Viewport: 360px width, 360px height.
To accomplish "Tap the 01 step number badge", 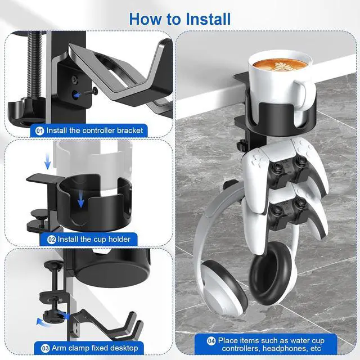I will point(39,130).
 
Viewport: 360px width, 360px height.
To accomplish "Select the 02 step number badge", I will point(52,239).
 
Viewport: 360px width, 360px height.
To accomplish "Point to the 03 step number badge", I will point(39,348).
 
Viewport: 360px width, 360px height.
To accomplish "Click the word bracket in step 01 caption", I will point(129,130).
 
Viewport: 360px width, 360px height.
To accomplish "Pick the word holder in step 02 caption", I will point(119,239).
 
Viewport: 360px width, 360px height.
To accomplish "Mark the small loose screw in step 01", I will point(91,91).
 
